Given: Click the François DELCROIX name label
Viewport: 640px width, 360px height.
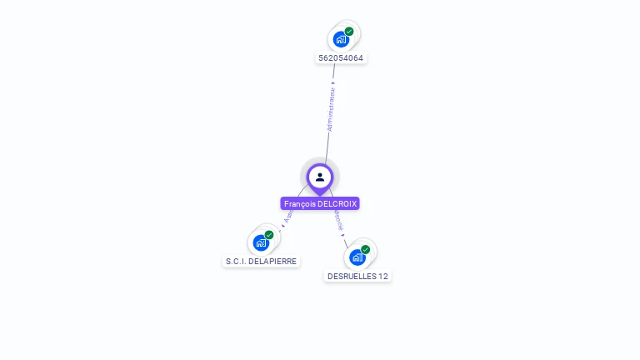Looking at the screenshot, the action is tap(320, 203).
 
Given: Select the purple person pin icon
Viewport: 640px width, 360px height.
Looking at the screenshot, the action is tap(320, 177).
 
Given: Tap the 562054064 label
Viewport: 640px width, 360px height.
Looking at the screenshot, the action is tap(341, 58).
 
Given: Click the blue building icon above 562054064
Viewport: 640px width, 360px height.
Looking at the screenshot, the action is tap(340, 39).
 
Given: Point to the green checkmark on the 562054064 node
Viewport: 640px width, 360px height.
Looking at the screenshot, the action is tap(349, 32).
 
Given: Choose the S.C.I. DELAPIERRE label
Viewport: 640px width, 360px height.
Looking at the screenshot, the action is tap(261, 261).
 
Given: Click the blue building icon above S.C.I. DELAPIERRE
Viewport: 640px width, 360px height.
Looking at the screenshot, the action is tap(261, 243).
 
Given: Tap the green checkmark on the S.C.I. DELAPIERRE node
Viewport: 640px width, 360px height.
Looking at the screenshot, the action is tap(269, 235).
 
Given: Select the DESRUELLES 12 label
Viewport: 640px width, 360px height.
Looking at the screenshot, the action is tap(357, 276).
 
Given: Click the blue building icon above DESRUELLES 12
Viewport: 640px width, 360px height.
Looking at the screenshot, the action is tap(357, 257).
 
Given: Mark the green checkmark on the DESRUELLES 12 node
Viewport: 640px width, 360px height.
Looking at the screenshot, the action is tap(365, 249).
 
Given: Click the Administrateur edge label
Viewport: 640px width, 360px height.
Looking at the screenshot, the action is tap(331, 109).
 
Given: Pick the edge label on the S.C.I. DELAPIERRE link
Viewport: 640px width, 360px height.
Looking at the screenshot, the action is tap(288, 216).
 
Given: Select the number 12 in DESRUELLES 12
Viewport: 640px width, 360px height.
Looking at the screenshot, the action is tap(383, 276).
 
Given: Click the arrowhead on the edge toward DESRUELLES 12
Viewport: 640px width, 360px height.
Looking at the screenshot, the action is tap(343, 236).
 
